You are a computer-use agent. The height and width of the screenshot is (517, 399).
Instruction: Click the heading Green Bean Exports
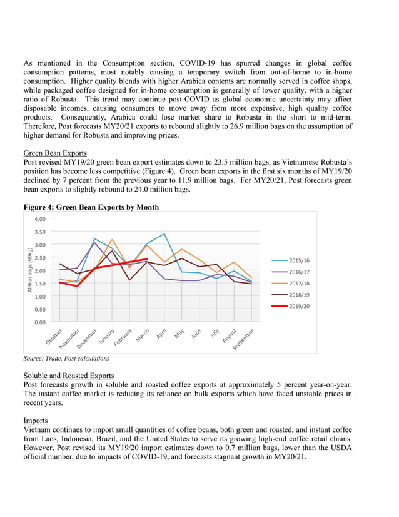(x=54, y=153)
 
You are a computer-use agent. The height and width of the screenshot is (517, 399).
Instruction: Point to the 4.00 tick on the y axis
(x=39, y=219)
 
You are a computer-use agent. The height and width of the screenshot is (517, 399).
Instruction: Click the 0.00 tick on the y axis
(x=39, y=322)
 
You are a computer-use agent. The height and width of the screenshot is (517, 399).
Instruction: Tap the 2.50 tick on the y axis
(x=39, y=258)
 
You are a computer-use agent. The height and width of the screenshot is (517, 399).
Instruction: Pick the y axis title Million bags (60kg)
(x=29, y=270)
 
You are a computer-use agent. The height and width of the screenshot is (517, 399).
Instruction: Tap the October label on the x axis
(x=54, y=336)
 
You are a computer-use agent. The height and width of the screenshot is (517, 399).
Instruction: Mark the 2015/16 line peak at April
(x=164, y=234)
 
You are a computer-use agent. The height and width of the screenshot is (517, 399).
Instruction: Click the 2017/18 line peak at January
(x=112, y=240)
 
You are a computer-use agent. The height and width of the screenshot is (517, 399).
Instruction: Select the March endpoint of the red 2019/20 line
(x=146, y=259)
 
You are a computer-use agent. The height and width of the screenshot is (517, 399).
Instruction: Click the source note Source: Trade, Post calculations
(x=66, y=359)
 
